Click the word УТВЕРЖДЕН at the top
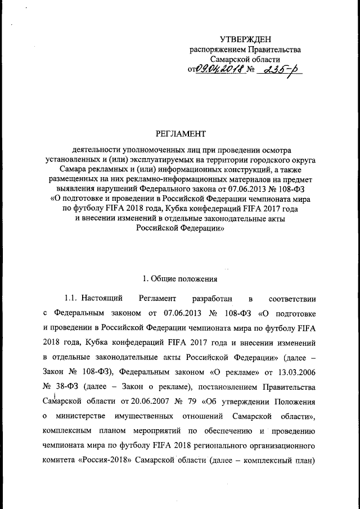[x=245, y=39]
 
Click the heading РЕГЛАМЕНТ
[x=180, y=134]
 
